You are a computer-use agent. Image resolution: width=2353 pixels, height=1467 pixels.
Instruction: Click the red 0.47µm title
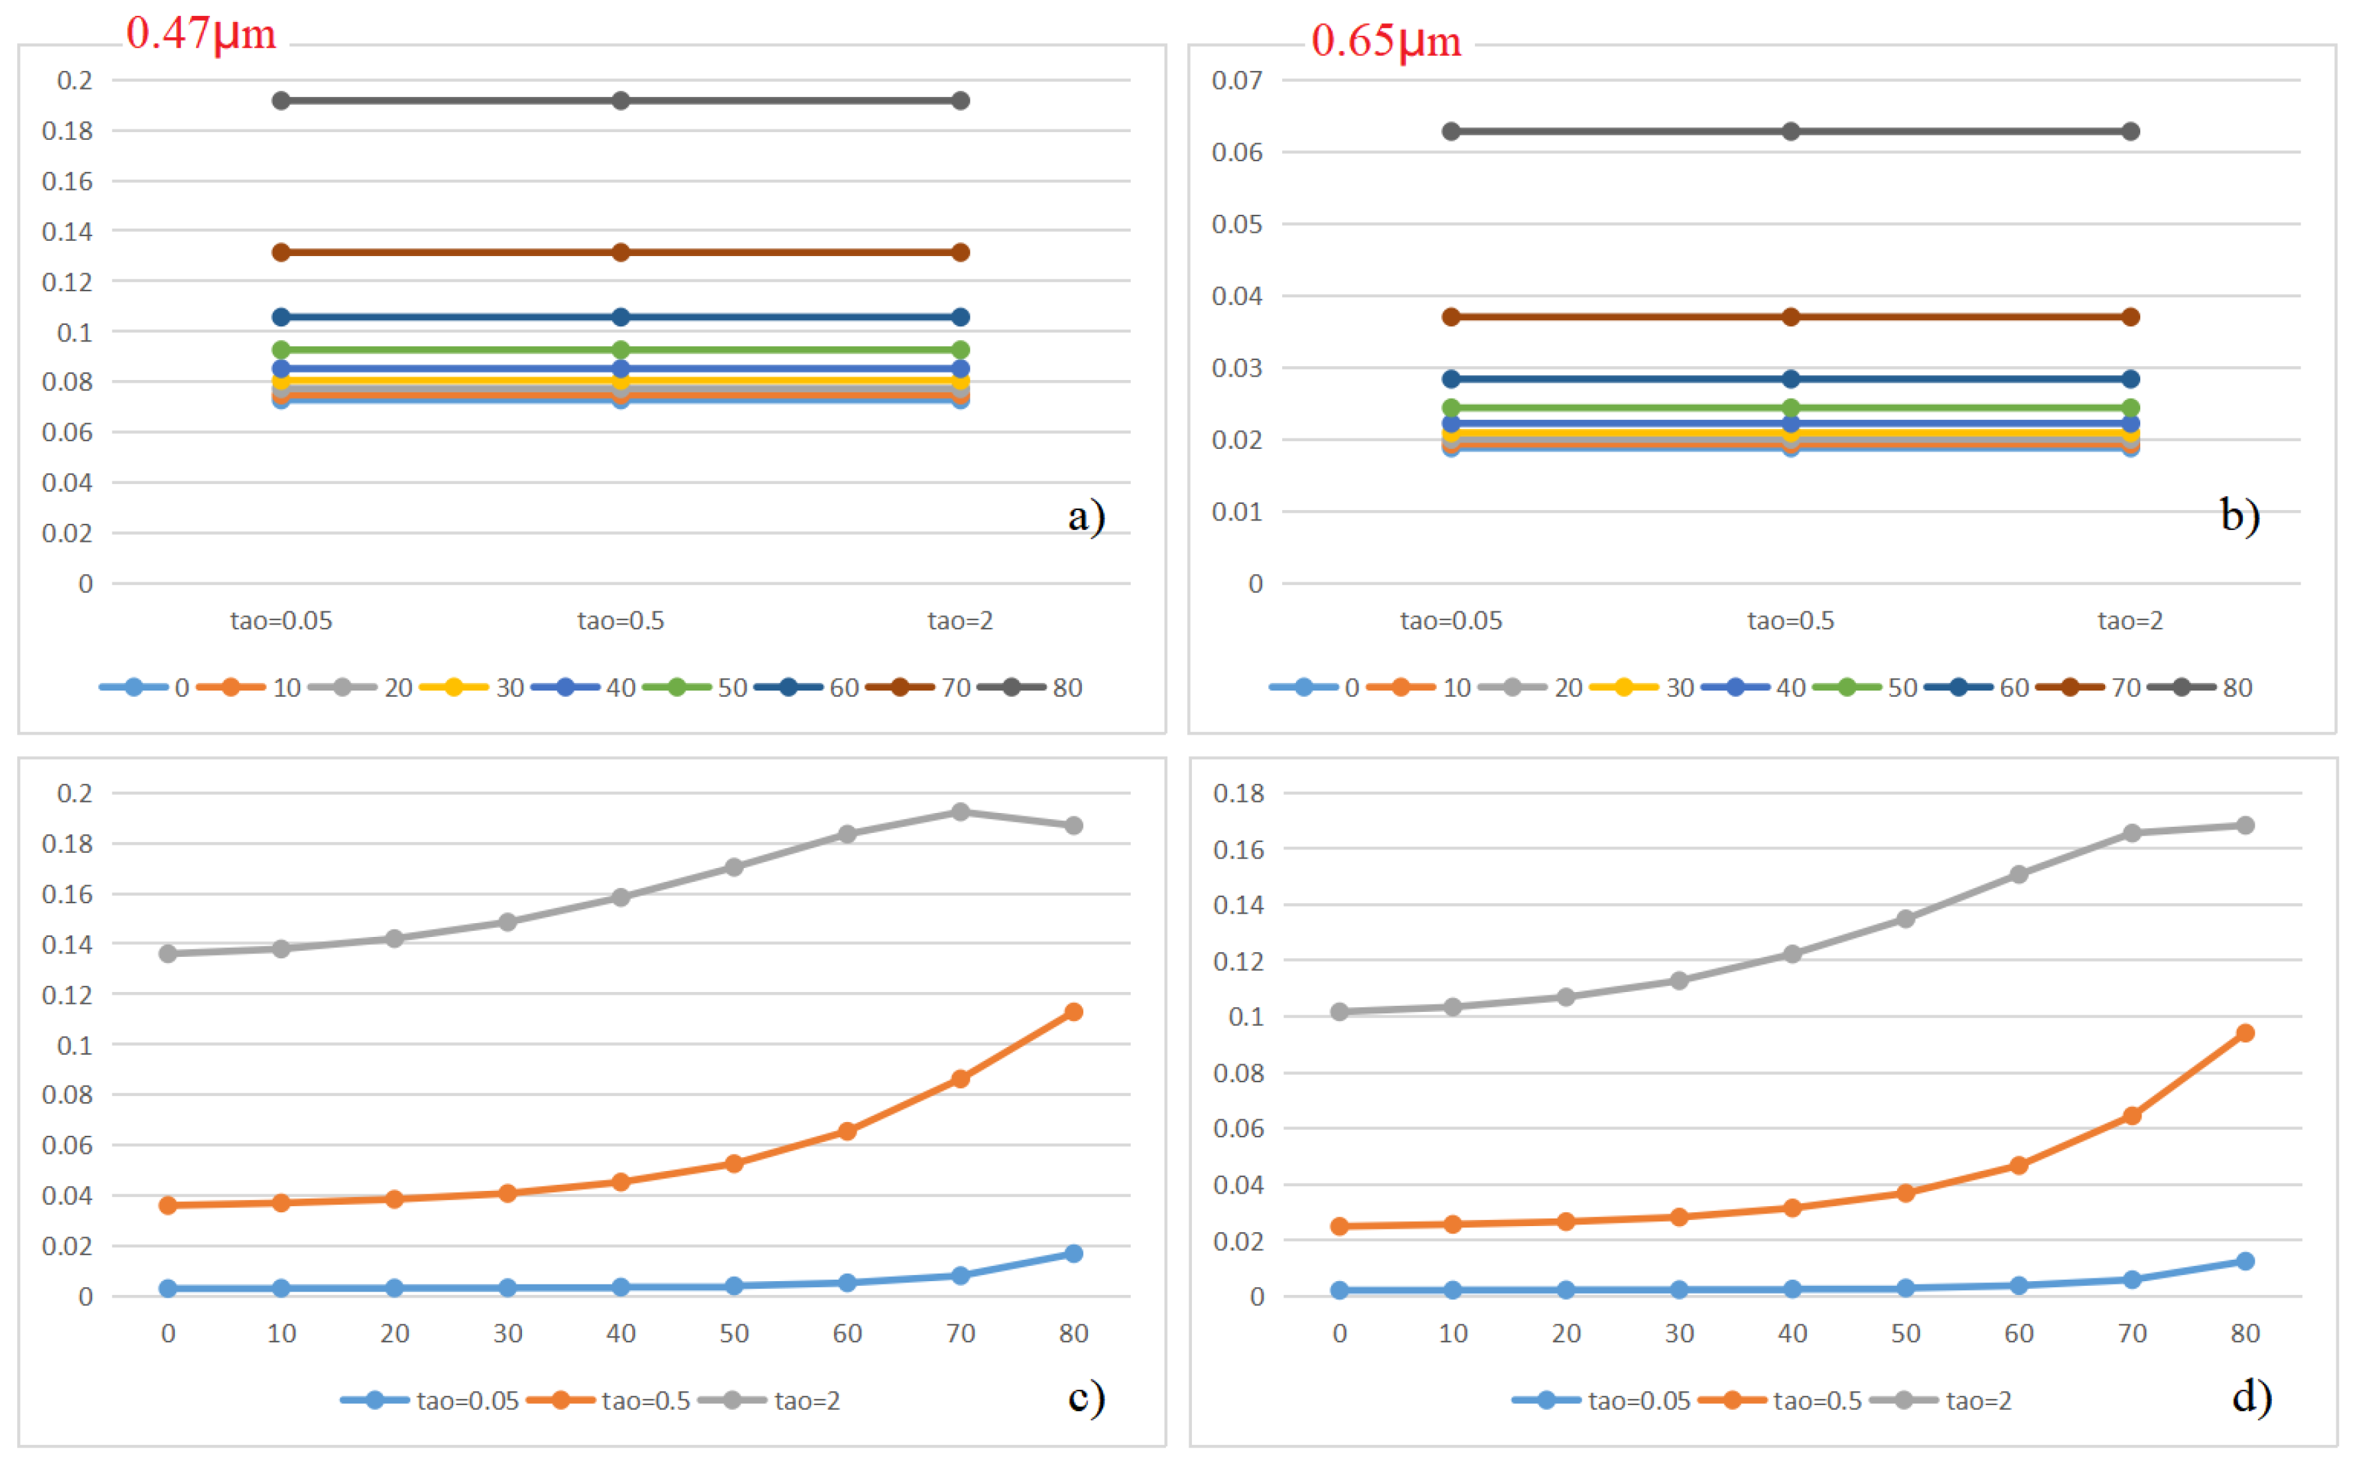click(201, 33)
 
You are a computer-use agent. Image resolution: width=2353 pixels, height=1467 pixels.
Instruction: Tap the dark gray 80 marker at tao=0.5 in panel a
click(621, 101)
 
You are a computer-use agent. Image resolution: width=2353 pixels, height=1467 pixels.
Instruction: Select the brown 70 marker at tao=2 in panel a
click(960, 252)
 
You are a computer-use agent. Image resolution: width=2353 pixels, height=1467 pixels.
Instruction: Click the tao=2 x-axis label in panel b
click(2130, 621)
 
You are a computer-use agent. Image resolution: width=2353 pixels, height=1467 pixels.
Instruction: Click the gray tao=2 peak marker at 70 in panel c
click(960, 812)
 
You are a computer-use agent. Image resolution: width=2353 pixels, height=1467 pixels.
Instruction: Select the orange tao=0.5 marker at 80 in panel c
click(1073, 1012)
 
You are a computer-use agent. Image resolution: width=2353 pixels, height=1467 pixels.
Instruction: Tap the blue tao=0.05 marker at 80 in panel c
click(1073, 1254)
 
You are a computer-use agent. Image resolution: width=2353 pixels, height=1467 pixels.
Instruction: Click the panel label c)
click(1086, 1397)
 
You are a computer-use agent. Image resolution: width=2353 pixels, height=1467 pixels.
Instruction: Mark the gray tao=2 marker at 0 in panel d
click(1339, 1012)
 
